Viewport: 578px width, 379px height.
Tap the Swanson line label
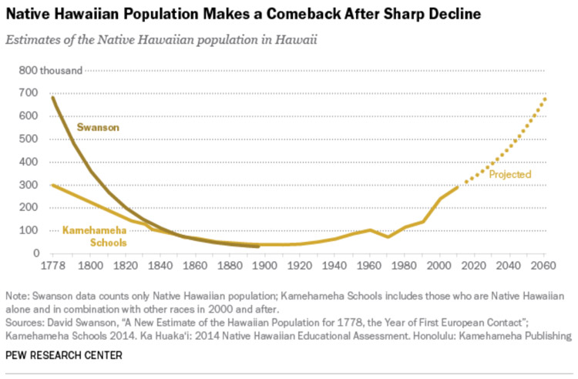[97, 126]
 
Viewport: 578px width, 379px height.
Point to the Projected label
[510, 175]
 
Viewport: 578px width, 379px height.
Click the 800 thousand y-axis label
[51, 71]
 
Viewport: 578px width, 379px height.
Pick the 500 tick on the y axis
[29, 139]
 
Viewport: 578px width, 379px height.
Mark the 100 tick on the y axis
[29, 230]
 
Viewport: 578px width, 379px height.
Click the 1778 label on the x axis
[52, 267]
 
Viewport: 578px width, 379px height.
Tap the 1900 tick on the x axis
[265, 267]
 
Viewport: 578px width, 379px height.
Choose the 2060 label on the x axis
[544, 267]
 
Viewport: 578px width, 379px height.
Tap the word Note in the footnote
[17, 296]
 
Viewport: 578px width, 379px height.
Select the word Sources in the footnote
[25, 322]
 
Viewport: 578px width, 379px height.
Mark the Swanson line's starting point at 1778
[52, 97]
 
